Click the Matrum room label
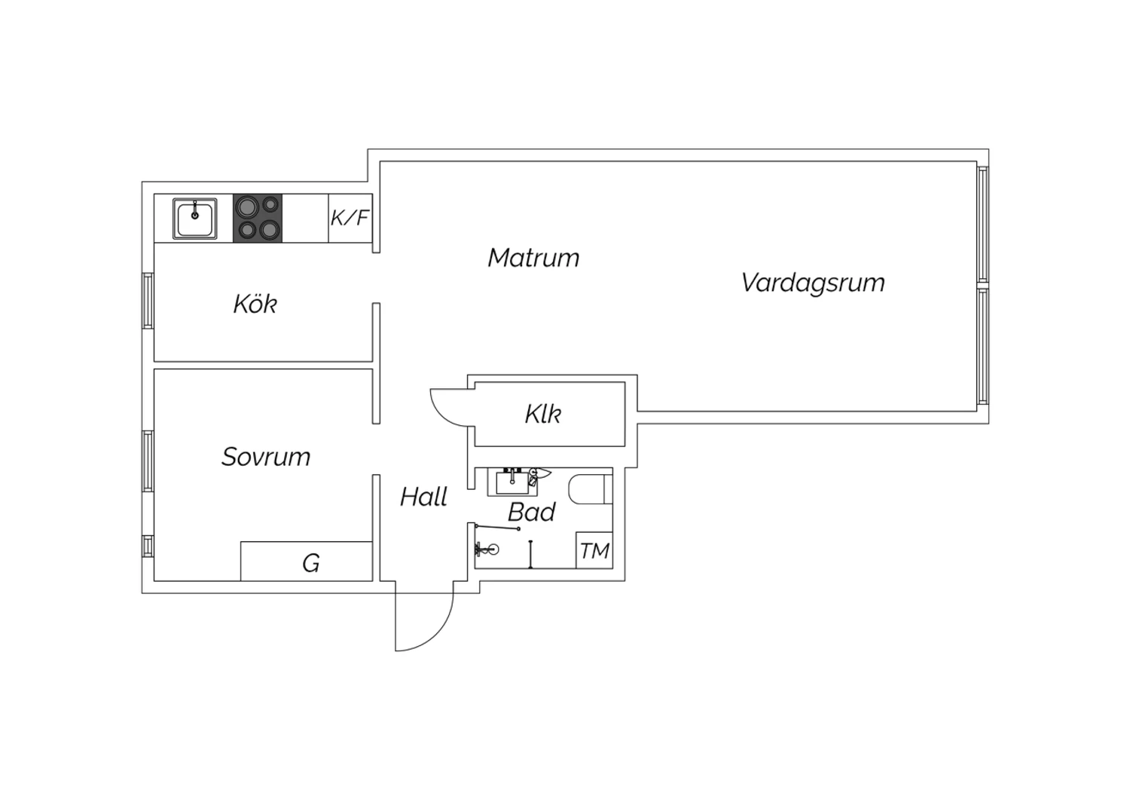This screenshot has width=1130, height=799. pyautogui.click(x=533, y=258)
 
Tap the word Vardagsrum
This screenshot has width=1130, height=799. pyautogui.click(x=813, y=283)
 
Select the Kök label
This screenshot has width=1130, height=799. pyautogui.click(x=255, y=304)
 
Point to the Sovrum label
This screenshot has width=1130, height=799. pyautogui.click(x=266, y=457)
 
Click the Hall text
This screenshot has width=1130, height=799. pyautogui.click(x=423, y=497)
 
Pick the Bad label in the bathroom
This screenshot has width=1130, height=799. pyautogui.click(x=531, y=512)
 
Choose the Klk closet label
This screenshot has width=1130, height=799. pyautogui.click(x=543, y=414)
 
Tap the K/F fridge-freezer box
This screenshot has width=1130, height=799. pyautogui.click(x=350, y=218)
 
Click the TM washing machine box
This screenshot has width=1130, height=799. pyautogui.click(x=594, y=550)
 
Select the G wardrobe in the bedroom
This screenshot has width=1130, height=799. pyautogui.click(x=306, y=562)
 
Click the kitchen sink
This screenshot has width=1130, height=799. pyautogui.click(x=194, y=219)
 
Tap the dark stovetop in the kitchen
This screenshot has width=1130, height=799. pyautogui.click(x=258, y=218)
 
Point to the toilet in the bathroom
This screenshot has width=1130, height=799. pyautogui.click(x=590, y=489)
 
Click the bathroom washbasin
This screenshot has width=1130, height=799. pyautogui.click(x=512, y=482)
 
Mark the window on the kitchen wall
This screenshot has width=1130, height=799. pyautogui.click(x=148, y=301)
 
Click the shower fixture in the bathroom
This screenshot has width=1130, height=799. pyautogui.click(x=487, y=550)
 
